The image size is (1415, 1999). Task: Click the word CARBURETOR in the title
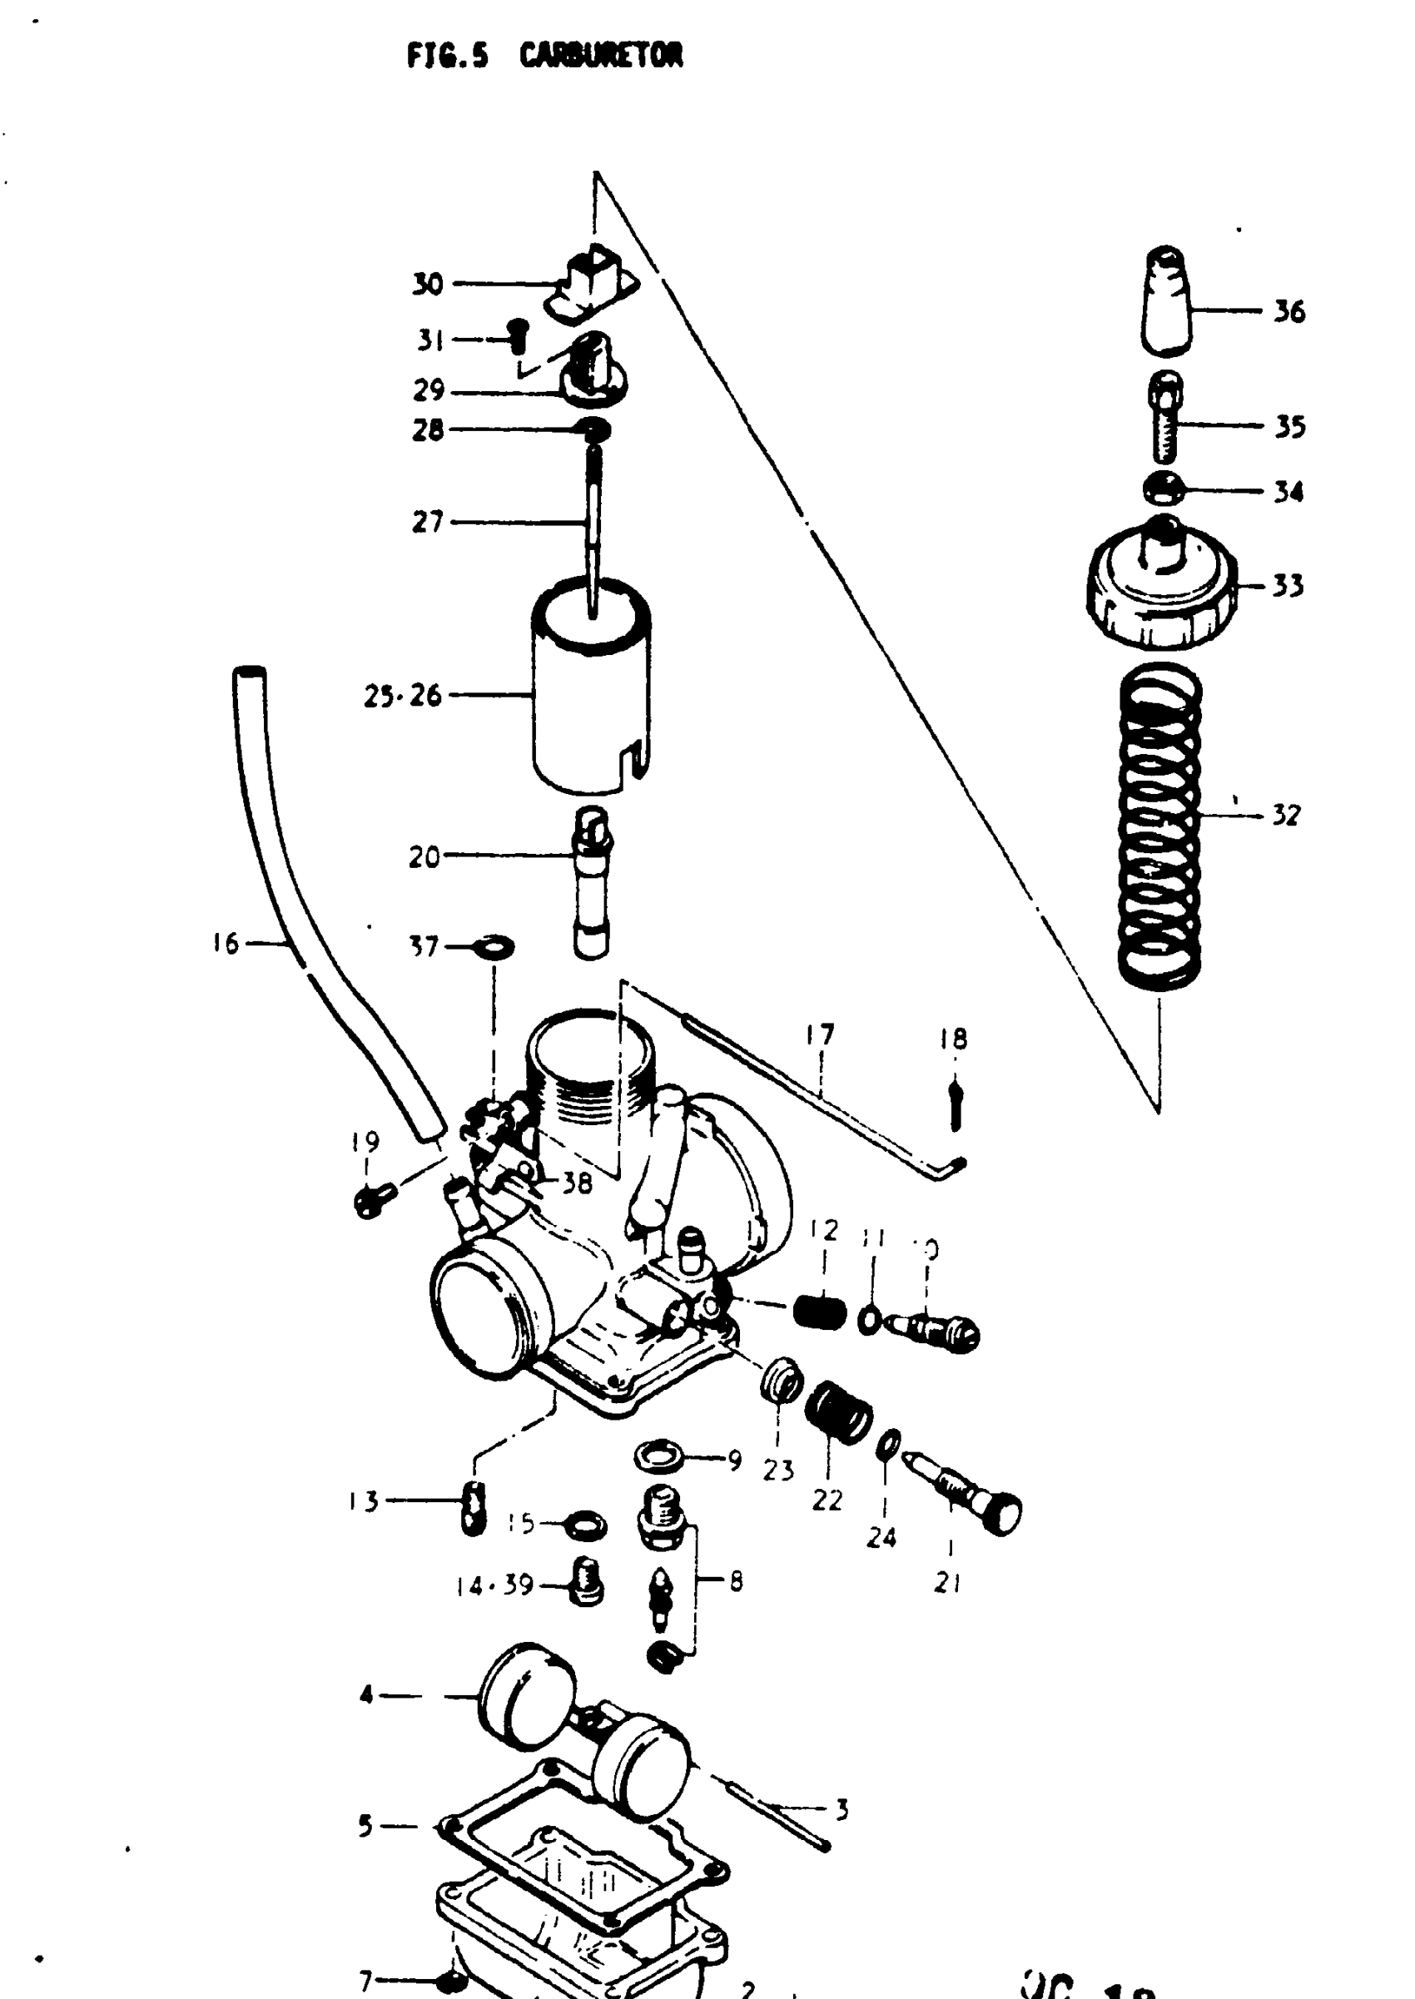600,56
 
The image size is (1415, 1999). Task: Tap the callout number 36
1289,311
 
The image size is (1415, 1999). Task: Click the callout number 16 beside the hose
225,943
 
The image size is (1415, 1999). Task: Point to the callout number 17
820,1034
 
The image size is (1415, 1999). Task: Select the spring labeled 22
837,1412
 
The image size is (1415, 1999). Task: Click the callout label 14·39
495,1585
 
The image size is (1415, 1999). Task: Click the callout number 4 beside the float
367,1695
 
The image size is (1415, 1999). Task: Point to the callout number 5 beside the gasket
366,1826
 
